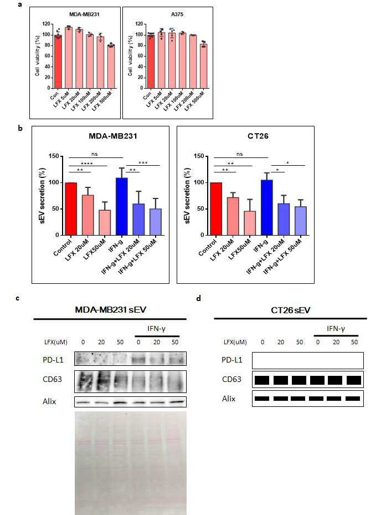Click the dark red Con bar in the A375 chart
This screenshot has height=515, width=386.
point(151,62)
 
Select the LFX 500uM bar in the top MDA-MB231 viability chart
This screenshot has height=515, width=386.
point(111,67)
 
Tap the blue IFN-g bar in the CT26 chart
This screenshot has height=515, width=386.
point(266,207)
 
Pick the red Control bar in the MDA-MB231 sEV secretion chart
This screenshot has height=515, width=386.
point(71,209)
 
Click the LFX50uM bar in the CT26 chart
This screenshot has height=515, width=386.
point(250,223)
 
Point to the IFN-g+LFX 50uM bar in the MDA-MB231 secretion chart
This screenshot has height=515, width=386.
point(155,222)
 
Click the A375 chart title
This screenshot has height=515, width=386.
point(177,14)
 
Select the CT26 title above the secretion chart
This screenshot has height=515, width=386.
point(258,136)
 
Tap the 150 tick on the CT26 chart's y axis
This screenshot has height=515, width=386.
point(199,156)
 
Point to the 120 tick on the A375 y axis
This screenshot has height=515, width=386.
point(139,24)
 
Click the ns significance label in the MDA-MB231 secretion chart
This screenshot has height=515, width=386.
point(95,154)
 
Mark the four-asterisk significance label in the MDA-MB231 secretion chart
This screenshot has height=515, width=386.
point(86,164)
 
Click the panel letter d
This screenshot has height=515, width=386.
point(198,298)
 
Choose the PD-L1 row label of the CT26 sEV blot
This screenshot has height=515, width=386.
point(231,360)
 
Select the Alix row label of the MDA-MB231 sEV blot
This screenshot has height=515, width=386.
point(49,401)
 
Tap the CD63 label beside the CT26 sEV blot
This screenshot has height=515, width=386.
point(231,379)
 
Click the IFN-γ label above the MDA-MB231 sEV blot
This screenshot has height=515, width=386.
point(157,328)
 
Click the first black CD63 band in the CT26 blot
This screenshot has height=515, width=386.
point(262,380)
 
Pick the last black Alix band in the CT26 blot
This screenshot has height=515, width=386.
point(353,399)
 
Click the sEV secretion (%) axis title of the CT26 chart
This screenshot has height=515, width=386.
point(187,196)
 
